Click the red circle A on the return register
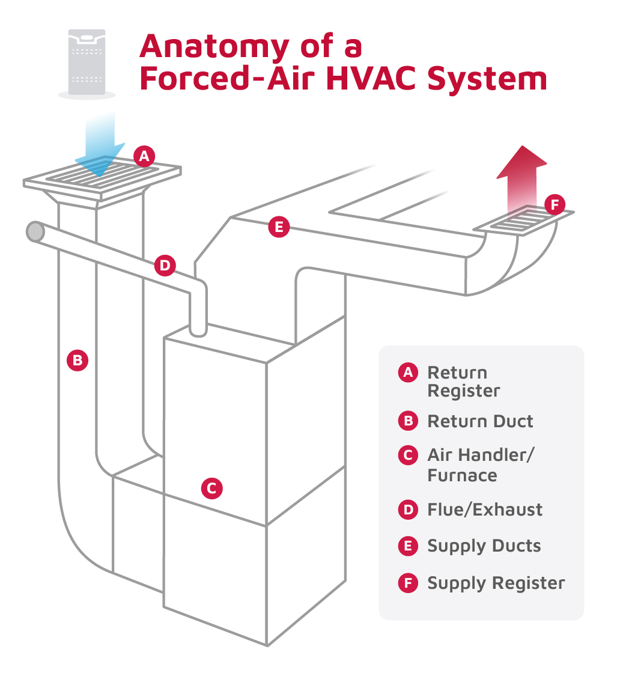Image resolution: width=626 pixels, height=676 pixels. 144,157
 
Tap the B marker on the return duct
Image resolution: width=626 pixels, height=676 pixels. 77,361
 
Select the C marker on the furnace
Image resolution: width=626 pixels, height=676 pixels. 211,489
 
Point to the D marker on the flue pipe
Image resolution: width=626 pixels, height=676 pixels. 165,265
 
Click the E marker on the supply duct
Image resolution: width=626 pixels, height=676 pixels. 278,228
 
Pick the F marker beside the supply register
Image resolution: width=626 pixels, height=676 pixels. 554,205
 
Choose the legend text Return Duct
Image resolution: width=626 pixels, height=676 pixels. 479,421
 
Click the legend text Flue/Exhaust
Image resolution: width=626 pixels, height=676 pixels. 484,510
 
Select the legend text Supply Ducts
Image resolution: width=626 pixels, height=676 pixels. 484,546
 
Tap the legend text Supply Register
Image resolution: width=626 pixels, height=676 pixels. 496,583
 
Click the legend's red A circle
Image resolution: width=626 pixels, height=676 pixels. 408,373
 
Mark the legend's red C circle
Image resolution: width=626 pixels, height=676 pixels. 408,455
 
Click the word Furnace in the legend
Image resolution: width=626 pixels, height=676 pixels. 462,475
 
